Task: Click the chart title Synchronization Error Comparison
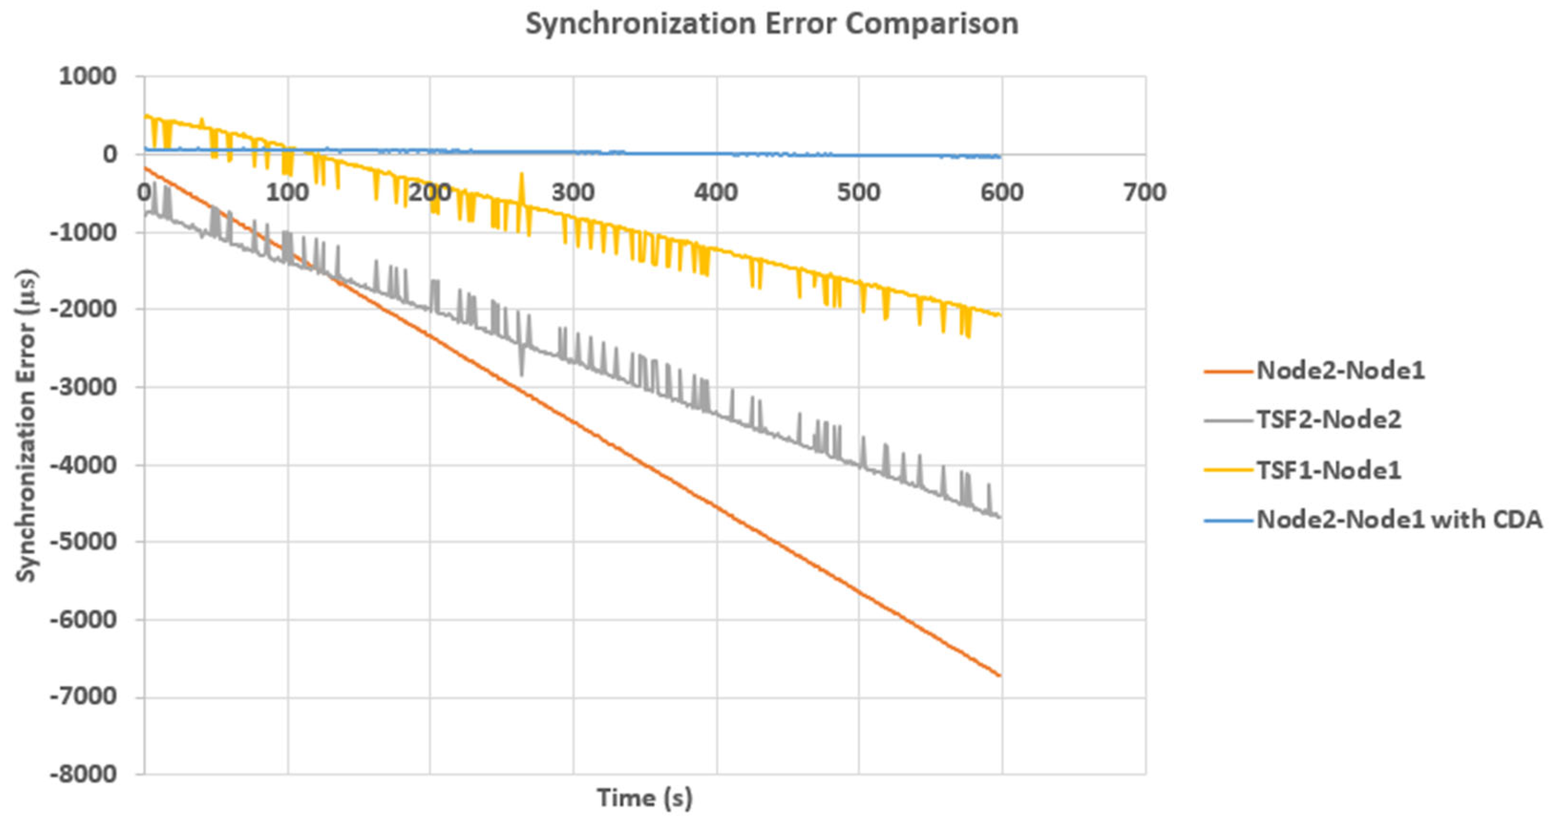[x=772, y=24]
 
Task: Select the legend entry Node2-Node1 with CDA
[x=1399, y=519]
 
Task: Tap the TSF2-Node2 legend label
[x=1328, y=420]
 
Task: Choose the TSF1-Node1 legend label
[x=1328, y=470]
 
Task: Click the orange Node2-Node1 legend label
[x=1341, y=370]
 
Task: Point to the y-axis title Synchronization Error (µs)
[x=26, y=426]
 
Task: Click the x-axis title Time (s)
[x=645, y=798]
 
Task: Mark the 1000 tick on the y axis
[x=87, y=77]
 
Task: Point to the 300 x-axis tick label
[x=573, y=193]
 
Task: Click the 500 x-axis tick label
[x=859, y=193]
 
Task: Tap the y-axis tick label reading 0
[x=109, y=155]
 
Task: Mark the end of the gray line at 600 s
[x=1000, y=517]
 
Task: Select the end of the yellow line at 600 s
[x=1000, y=316]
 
